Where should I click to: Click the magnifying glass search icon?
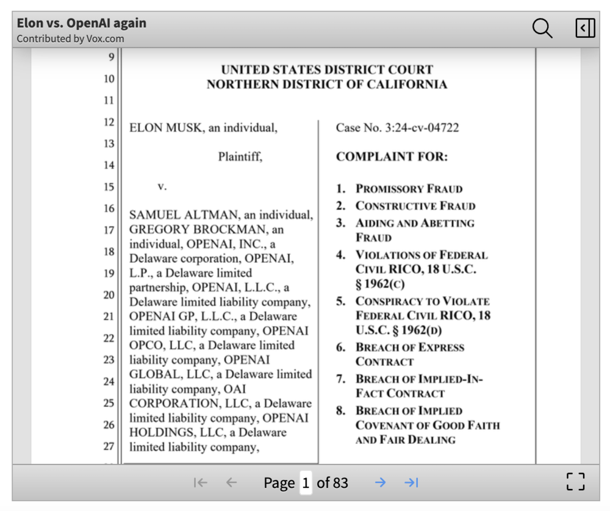pos(542,28)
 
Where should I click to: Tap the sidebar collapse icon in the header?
pos(584,28)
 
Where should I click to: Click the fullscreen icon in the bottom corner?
pos(575,482)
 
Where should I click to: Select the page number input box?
pos(306,483)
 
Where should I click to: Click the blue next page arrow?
pos(380,483)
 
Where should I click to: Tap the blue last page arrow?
pos(412,483)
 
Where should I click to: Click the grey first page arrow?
pos(199,483)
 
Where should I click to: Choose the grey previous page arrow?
pos(231,483)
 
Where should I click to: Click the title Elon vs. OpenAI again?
pos(81,23)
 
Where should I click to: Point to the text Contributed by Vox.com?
pos(70,39)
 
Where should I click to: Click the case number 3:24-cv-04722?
pos(422,128)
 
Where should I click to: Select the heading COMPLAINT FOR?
pos(392,157)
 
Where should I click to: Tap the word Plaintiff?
pos(240,157)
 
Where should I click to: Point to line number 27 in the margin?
pos(109,446)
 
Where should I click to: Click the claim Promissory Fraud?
pos(409,189)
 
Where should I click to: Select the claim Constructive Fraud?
pos(415,206)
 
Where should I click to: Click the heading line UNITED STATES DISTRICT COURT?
pos(327,70)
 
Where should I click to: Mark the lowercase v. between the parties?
pos(162,187)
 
